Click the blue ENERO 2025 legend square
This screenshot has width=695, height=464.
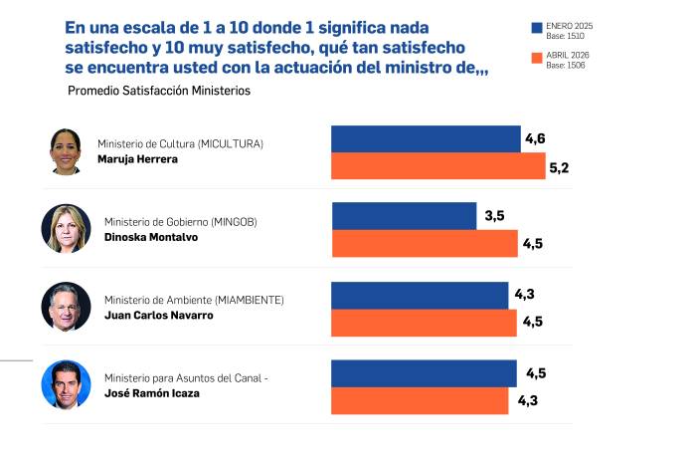pyautogui.click(x=536, y=28)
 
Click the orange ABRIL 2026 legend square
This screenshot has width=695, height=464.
pyautogui.click(x=536, y=60)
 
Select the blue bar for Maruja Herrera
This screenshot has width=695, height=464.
pyautogui.click(x=425, y=138)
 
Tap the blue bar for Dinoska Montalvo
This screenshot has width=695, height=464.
pyautogui.click(x=404, y=216)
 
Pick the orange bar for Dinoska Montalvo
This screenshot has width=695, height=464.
pyautogui.click(x=424, y=243)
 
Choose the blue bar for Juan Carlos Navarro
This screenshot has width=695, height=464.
pyautogui.click(x=420, y=295)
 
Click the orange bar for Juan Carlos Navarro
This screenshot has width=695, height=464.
pyautogui.click(x=424, y=322)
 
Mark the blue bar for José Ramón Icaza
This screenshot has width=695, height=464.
pyautogui.click(x=424, y=373)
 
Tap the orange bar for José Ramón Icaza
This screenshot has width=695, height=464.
pyautogui.click(x=420, y=400)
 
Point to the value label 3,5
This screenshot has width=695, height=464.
pyautogui.click(x=495, y=216)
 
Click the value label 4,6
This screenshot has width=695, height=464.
pyautogui.click(x=535, y=138)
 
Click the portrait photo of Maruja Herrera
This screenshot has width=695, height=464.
pyautogui.click(x=66, y=151)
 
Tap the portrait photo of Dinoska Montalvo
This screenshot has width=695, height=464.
pyautogui.click(x=66, y=229)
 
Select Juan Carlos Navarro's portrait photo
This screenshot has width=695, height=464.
pyautogui.click(x=66, y=307)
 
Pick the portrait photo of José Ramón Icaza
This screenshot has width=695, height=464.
pyautogui.click(x=66, y=384)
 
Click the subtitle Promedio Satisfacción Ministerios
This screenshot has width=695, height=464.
pyautogui.click(x=159, y=91)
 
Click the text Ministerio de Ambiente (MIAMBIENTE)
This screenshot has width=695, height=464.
pyautogui.click(x=194, y=300)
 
